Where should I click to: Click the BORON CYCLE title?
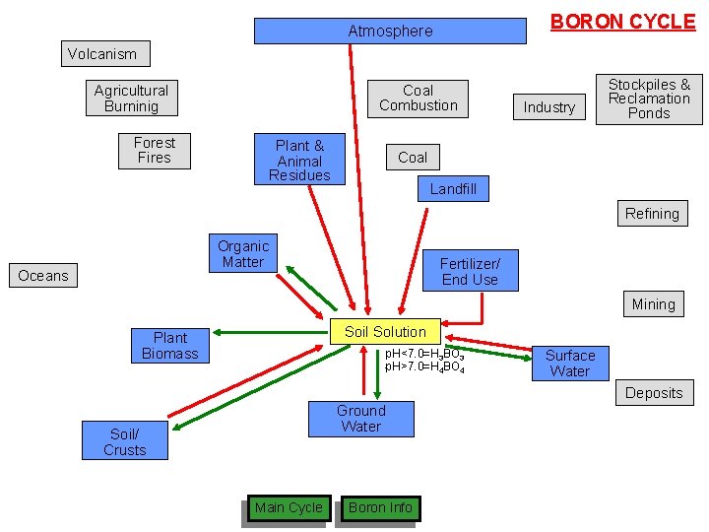622,22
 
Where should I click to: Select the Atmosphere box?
390,32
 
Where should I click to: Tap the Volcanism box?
102,54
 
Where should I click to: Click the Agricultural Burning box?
131,98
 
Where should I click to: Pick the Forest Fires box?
154,150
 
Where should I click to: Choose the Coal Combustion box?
418,98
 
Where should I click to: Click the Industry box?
548,106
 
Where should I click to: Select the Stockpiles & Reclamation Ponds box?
649,99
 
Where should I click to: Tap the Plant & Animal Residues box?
299,160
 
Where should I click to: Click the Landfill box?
453,188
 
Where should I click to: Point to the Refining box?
652,214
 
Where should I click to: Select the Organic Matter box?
242,254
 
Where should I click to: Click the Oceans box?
43,276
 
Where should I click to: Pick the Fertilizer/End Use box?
470,271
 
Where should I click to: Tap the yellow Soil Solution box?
385,332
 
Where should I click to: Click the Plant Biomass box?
169,346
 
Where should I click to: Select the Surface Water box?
569,363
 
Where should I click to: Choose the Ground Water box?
360,419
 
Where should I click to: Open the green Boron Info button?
380,508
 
